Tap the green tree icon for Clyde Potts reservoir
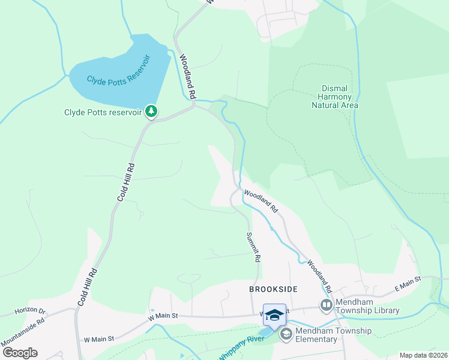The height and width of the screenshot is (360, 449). (152, 112)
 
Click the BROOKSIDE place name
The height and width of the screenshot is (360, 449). (273, 289)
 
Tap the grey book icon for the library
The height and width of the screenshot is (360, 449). (326, 305)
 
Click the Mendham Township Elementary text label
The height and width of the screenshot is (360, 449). (332, 335)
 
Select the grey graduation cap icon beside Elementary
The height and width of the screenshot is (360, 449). (286, 334)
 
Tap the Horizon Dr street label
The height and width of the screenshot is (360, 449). (30, 311)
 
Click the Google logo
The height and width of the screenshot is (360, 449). (20, 352)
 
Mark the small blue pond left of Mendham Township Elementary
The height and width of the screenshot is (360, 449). (265, 332)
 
